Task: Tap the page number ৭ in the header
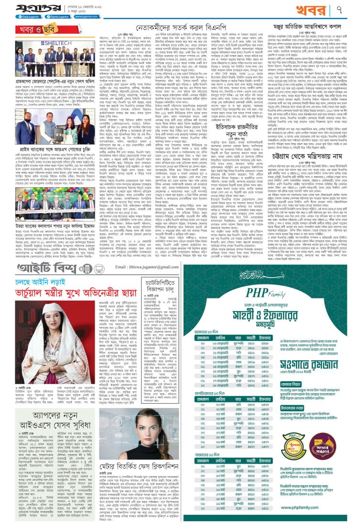pyautogui.click(x=350, y=8)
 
